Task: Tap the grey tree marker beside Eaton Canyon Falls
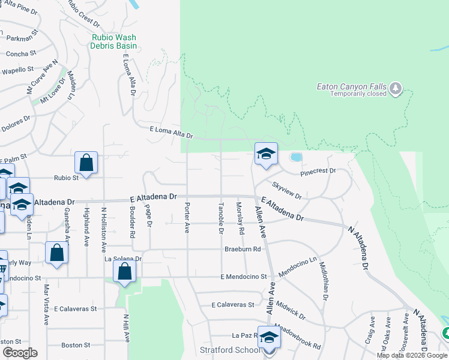click(396, 89)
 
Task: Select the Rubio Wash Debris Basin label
click(114, 41)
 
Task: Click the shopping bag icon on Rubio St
click(86, 163)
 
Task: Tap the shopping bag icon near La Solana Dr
click(124, 271)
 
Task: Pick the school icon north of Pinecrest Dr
click(265, 154)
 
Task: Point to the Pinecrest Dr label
click(318, 171)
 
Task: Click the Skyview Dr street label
click(286, 191)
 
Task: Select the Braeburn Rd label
click(243, 249)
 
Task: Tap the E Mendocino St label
click(243, 277)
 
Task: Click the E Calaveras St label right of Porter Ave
click(233, 305)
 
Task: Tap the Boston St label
click(76, 345)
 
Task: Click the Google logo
click(20, 353)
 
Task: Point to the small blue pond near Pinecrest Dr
click(296, 157)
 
